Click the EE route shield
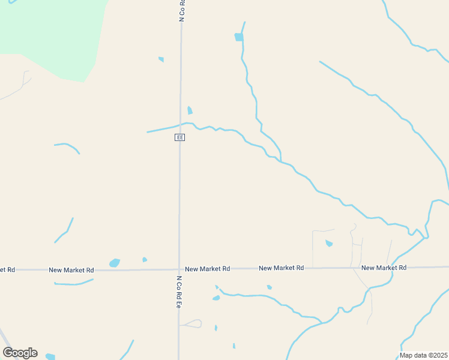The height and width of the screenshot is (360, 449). [179, 137]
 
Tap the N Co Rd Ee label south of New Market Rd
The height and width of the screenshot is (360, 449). [179, 292]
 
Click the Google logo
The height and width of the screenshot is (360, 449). [20, 353]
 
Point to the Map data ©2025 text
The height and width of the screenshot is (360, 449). [424, 355]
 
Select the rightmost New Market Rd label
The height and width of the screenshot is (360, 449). [384, 268]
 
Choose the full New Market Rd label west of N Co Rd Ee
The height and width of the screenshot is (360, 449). [71, 270]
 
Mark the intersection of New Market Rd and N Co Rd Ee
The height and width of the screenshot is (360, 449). [179, 269]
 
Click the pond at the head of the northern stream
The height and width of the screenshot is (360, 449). [239, 37]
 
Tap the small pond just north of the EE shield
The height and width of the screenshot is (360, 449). [190, 110]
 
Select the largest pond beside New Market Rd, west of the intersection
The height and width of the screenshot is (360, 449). [114, 263]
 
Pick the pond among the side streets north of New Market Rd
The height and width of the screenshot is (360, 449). [328, 243]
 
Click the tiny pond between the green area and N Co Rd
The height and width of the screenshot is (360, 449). [161, 59]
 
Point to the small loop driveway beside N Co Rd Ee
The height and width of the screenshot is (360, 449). [192, 324]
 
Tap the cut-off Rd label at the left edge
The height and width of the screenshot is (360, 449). [7, 270]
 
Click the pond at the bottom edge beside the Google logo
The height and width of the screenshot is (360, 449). [50, 357]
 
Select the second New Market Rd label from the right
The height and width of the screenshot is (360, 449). [281, 268]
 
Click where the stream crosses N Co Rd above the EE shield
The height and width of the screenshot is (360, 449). [180, 124]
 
